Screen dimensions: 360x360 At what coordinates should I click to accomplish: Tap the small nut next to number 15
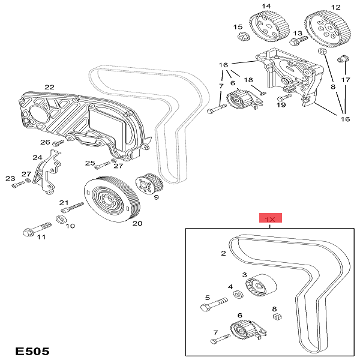243,38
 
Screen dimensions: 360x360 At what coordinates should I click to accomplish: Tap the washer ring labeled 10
61,218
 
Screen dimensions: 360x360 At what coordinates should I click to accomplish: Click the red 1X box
270,219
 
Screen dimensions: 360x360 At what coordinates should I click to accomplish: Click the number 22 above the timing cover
49,86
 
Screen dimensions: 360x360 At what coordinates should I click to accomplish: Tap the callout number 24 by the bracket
37,158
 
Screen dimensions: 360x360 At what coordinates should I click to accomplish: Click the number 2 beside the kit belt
223,253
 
